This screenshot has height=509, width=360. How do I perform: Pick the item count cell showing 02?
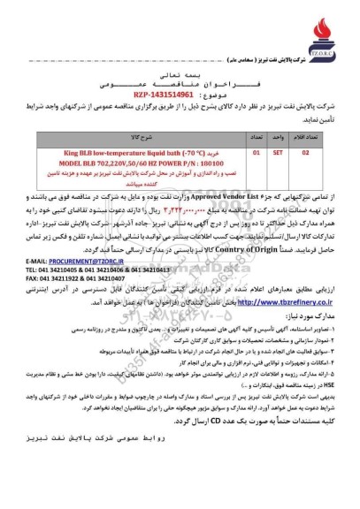pyautogui.click(x=306, y=153)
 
